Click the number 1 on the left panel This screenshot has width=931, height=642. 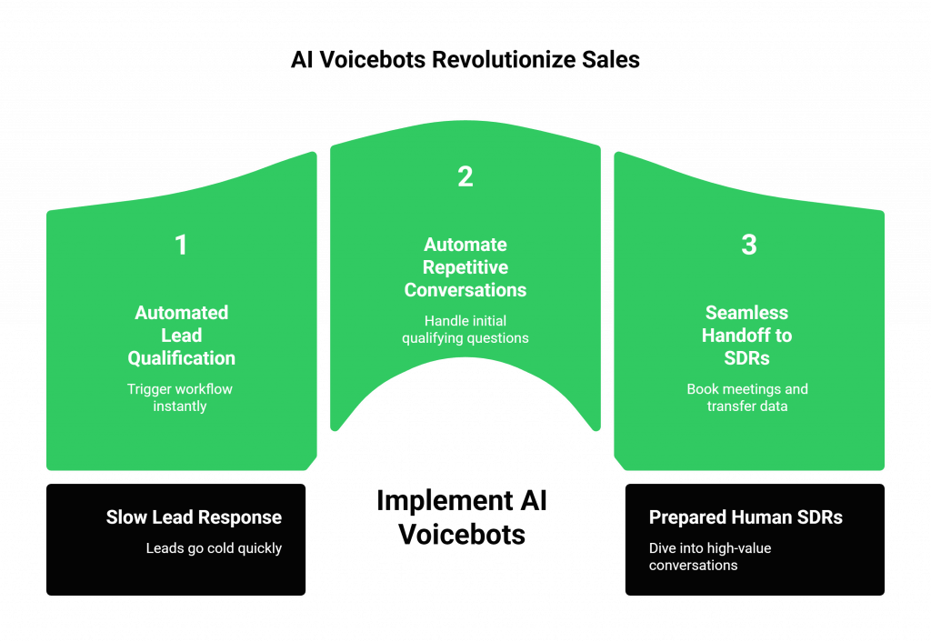(181, 246)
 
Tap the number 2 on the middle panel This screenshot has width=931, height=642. (465, 176)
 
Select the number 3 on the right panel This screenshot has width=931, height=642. (748, 246)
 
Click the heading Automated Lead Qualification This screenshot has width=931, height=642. (181, 335)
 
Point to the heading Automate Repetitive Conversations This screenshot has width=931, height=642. (465, 267)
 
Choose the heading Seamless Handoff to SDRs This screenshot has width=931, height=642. (747, 335)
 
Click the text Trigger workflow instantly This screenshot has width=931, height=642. (180, 397)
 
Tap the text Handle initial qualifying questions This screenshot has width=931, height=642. (465, 329)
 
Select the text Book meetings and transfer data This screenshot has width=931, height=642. (747, 397)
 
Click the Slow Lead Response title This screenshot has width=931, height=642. (194, 517)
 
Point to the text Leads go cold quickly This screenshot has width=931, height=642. (214, 548)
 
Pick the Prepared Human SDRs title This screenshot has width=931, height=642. (746, 517)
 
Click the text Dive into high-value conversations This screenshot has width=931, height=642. (710, 557)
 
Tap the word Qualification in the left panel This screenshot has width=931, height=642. (181, 358)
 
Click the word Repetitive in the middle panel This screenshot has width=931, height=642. (465, 267)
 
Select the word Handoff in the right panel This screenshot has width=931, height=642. (734, 336)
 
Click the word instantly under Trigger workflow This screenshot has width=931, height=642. (180, 406)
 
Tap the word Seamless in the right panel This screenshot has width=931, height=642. (747, 313)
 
